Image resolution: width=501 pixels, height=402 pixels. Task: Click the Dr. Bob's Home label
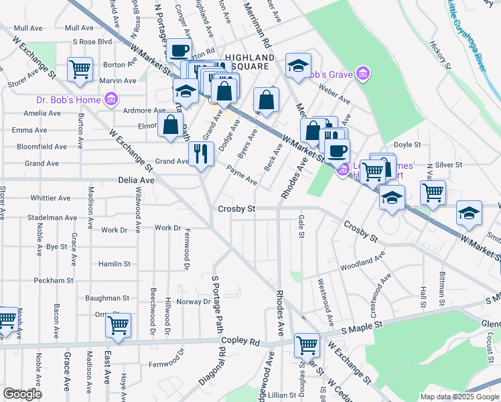coord(67,100)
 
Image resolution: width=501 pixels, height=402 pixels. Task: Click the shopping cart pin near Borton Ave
coord(80,69)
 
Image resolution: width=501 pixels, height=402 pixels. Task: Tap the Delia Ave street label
coord(136,180)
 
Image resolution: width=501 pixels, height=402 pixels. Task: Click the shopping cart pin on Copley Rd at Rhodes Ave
coord(307,346)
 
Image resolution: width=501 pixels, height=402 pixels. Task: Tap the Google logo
coord(22,394)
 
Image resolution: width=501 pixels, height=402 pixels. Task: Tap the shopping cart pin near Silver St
coord(433,193)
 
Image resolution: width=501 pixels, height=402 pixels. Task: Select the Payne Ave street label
coord(241,176)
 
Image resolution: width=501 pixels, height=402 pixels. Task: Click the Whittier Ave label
coord(50,198)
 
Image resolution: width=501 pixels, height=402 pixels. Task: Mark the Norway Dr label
coord(194,301)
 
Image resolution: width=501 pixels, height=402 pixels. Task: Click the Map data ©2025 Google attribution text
coord(459,396)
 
